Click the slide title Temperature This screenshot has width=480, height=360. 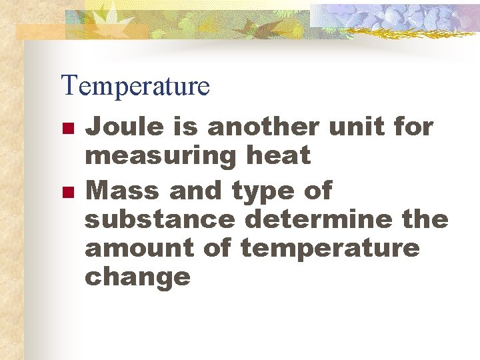pyautogui.click(x=135, y=86)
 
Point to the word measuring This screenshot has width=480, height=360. pyautogui.click(x=161, y=157)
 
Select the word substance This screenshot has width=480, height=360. pyautogui.click(x=159, y=219)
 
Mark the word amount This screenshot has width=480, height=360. pyautogui.click(x=137, y=248)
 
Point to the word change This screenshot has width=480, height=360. pyautogui.click(x=137, y=277)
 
